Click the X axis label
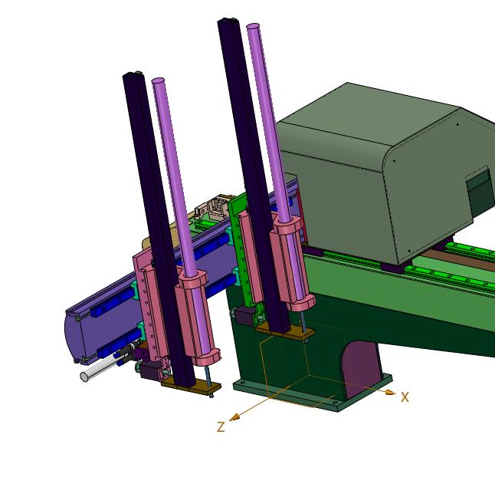tap(405, 397)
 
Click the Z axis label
tap(221, 426)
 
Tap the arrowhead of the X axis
tap(391, 393)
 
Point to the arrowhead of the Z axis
tap(234, 417)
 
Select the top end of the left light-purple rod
tap(158, 81)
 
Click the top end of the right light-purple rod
tap(253, 26)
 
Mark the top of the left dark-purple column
tap(133, 74)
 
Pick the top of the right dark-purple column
tap(228, 21)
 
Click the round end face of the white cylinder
tap(84, 377)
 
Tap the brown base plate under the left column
tap(191, 388)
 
